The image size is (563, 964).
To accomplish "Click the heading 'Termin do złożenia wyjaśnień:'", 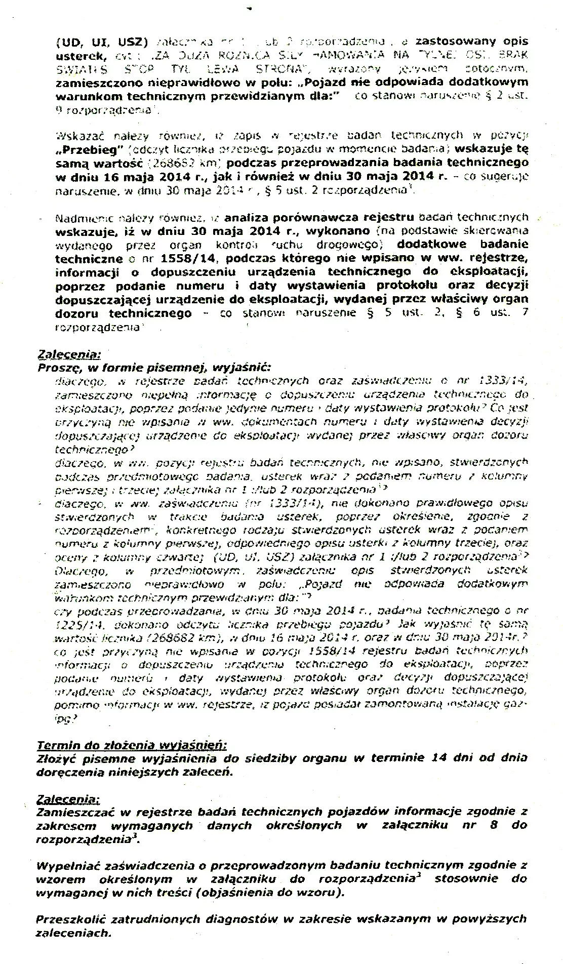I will [132, 745].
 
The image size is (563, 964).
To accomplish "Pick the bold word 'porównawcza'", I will [314, 217].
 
